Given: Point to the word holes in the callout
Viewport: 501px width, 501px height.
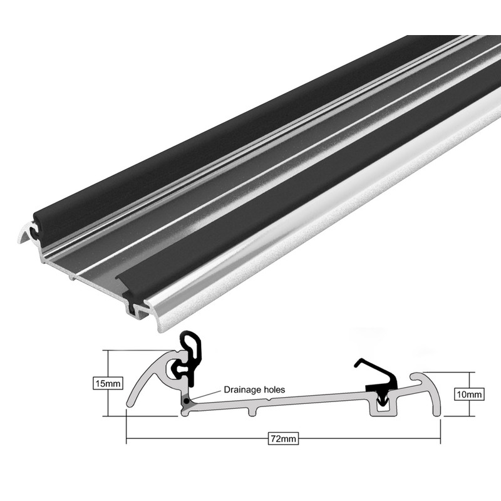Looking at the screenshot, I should click(274, 390).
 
